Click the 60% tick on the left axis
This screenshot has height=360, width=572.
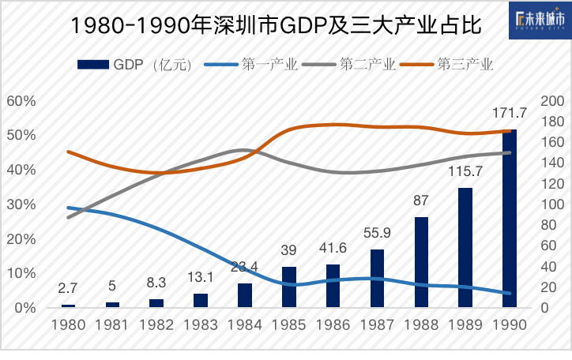(21, 100)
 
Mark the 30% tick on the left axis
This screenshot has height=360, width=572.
(21, 204)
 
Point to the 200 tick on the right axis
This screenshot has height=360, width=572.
(551, 100)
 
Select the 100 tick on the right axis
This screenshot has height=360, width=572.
(551, 204)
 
